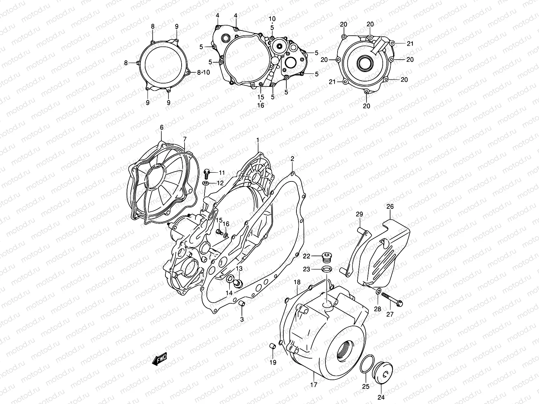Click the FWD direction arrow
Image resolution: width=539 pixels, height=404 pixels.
coord(160,360)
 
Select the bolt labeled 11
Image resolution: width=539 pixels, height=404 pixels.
coord(207,173)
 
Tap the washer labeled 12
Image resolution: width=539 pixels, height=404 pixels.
coord(205,183)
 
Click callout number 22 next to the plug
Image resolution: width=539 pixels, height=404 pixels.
coord(306,256)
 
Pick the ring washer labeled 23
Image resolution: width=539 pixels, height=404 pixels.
coord(326,269)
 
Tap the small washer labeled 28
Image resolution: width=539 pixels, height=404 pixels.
coord(378,291)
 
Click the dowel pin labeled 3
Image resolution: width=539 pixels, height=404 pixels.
coord(242,304)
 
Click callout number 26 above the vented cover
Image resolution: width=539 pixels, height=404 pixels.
coord(390,206)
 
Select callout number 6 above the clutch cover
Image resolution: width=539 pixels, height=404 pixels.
coord(161,127)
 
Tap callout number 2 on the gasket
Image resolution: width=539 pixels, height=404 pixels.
coord(292,159)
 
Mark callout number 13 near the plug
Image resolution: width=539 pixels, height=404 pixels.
coord(239,268)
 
